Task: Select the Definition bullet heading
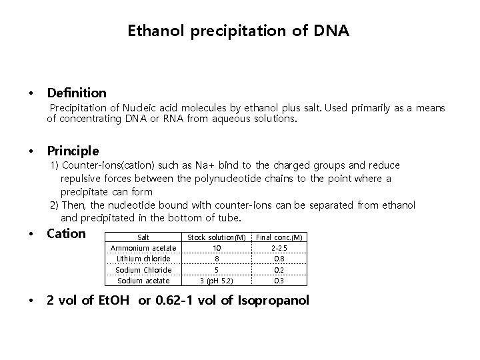[x=76, y=93]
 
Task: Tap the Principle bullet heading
[x=73, y=151]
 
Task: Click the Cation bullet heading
[x=66, y=233]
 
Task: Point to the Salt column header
[x=143, y=237]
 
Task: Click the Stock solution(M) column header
[x=217, y=237]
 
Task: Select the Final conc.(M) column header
[x=279, y=237]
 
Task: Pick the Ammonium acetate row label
[x=143, y=248]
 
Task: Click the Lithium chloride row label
[x=143, y=259]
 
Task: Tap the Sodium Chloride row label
[x=143, y=269]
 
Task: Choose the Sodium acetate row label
[x=143, y=281]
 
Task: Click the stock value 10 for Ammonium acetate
[x=217, y=248]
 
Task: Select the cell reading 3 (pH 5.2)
[x=217, y=281]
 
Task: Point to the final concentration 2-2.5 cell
[x=279, y=248]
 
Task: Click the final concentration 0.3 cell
[x=279, y=281]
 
